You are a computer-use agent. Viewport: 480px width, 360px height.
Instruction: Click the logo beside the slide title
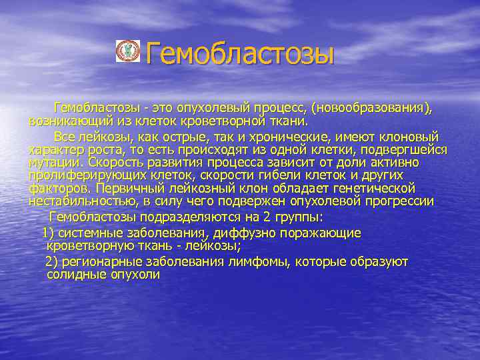click(127, 51)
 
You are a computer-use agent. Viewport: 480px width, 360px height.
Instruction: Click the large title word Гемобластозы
click(239, 53)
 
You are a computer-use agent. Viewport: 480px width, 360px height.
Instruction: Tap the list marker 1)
click(48, 233)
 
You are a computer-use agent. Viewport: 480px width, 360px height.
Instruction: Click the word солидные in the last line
click(74, 274)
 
